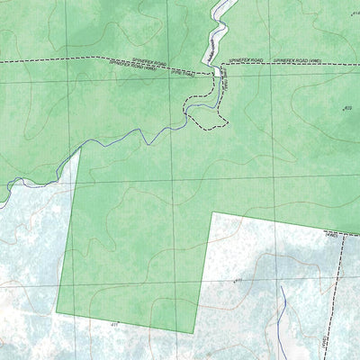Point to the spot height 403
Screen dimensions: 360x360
coord(346,109)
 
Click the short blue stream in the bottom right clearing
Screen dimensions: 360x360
coord(283,306)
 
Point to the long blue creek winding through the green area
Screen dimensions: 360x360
coord(135,139)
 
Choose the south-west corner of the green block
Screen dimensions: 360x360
coord(57,311)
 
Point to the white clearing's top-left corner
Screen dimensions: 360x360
coord(212,213)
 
